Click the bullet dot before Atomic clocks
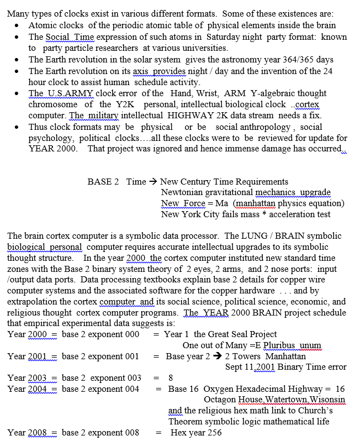pyautogui.click(x=19, y=26)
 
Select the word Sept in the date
pyautogui.click(x=235, y=367)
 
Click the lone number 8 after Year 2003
pyautogui.click(x=171, y=379)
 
